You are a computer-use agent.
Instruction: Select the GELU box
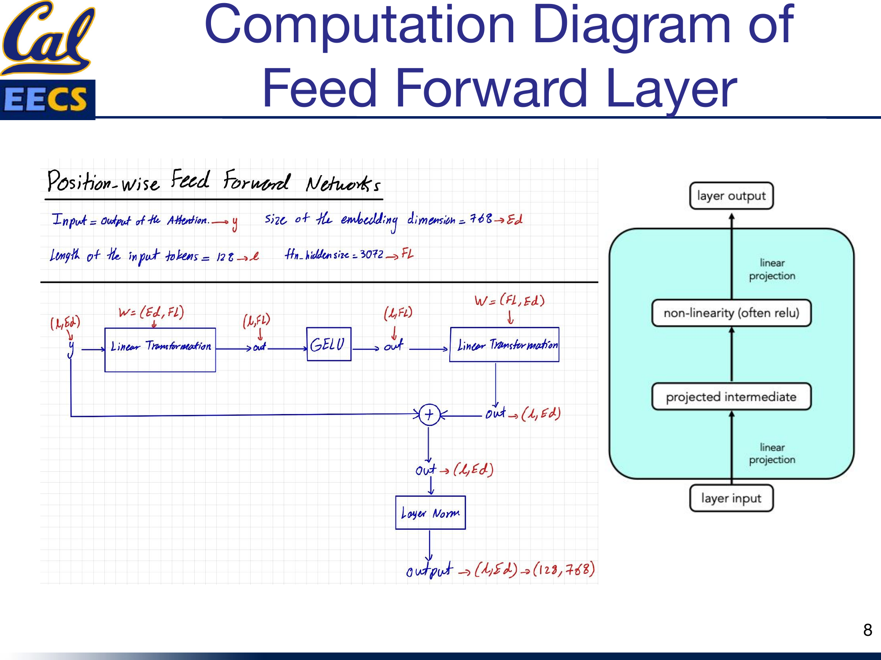[x=329, y=344]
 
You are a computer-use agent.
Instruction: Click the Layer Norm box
[x=430, y=513]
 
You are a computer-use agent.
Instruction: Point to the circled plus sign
[x=429, y=414]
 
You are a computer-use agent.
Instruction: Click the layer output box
[x=731, y=196]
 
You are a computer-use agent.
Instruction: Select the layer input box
[x=731, y=498]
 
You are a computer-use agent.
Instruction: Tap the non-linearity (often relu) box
[x=731, y=313]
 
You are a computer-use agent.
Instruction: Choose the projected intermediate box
[x=731, y=396]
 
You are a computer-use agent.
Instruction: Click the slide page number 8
[x=867, y=630]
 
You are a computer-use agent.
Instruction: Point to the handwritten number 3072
[x=372, y=254]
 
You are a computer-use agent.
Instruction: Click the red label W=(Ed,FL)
[x=151, y=312]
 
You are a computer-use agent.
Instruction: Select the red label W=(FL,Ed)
[x=510, y=301]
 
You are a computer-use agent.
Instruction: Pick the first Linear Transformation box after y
[x=160, y=350]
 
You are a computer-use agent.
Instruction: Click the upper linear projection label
[x=772, y=269]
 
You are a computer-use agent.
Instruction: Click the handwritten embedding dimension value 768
[x=481, y=218]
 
